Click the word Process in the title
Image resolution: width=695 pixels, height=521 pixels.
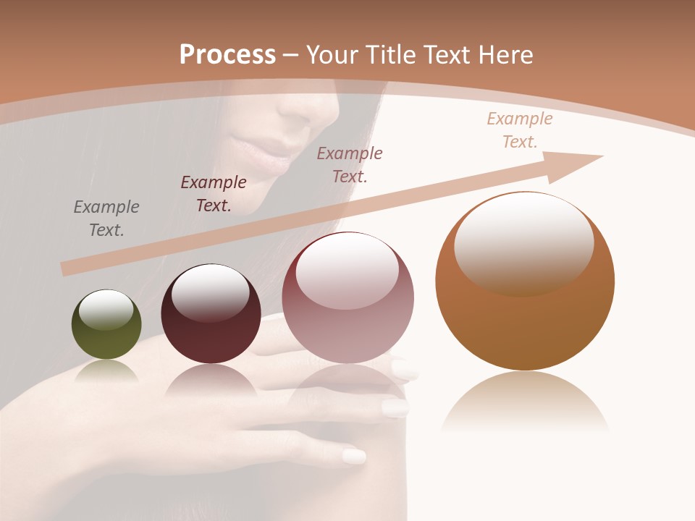(227, 55)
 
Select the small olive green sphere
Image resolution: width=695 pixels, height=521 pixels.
(106, 324)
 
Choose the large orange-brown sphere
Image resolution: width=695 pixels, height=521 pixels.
(525, 281)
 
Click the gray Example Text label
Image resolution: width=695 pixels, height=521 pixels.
(106, 219)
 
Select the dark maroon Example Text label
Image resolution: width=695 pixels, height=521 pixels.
(214, 194)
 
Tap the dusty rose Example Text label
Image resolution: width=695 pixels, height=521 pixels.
(350, 165)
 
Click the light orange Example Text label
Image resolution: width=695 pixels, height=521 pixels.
(520, 130)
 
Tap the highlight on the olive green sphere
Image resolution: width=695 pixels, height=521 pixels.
(106, 310)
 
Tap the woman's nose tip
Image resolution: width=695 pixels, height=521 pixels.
(319, 112)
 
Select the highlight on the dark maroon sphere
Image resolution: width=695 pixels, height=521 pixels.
(210, 291)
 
